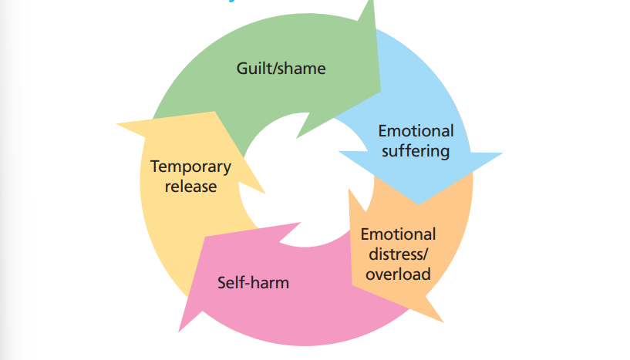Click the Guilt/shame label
click(281, 69)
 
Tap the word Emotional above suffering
click(416, 131)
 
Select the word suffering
click(415, 150)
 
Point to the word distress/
click(397, 254)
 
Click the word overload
click(398, 274)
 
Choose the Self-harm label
click(253, 282)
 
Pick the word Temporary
click(190, 167)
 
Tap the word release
click(190, 186)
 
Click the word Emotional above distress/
click(398, 234)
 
